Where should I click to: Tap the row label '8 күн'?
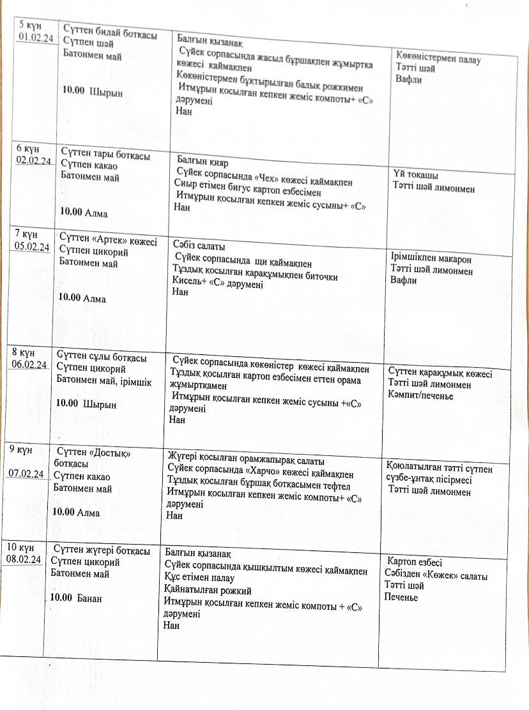pyautogui.click(x=22, y=353)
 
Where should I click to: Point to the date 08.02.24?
pyautogui.click(x=24, y=559)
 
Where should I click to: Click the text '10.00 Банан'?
pyautogui.click(x=77, y=598)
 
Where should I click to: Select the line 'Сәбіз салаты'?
pyautogui.click(x=199, y=246)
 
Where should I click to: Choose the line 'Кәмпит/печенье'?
pyautogui.click(x=420, y=396)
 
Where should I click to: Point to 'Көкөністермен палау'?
pyautogui.click(x=438, y=60)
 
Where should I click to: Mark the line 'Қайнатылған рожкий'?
pyautogui.click(x=208, y=591)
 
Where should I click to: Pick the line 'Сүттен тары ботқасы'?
pyautogui.click(x=105, y=155)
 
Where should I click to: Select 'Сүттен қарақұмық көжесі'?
pyautogui.click(x=440, y=374)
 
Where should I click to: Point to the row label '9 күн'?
pyautogui.click(x=20, y=449)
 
